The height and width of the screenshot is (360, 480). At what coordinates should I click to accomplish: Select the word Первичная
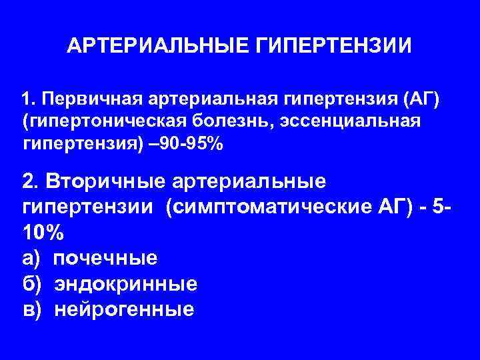coord(88,100)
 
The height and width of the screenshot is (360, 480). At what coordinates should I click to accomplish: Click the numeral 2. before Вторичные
coord(31,182)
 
